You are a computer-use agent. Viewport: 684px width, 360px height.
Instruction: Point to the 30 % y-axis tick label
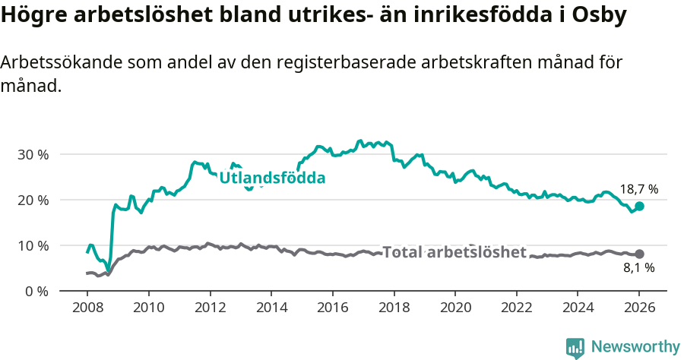tap(33, 154)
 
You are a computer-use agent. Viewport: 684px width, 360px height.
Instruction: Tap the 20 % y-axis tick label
tap(33, 200)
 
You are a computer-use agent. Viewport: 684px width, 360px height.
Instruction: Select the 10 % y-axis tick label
tap(33, 245)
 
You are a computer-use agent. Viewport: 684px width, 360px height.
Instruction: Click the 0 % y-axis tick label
tap(36, 291)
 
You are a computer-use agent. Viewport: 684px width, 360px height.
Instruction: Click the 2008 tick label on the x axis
tap(87, 308)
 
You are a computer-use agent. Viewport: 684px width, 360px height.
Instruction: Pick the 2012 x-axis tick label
tap(210, 308)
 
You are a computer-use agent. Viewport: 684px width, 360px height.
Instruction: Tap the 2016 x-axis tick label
tap(332, 308)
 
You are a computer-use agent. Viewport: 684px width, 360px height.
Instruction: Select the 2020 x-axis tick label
tap(454, 308)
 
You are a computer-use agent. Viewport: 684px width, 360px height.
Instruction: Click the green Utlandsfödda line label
tap(272, 178)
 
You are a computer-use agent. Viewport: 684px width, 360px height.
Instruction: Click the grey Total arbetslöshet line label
tap(454, 252)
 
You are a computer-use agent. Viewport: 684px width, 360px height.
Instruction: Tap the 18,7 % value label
tap(638, 190)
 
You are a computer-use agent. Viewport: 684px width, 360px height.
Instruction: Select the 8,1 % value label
tap(638, 267)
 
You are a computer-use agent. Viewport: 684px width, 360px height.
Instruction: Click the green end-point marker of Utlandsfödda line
tap(639, 206)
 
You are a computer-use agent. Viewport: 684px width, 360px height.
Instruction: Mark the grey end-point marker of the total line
tap(639, 254)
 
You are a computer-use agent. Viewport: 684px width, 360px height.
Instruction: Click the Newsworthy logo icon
tap(575, 347)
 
